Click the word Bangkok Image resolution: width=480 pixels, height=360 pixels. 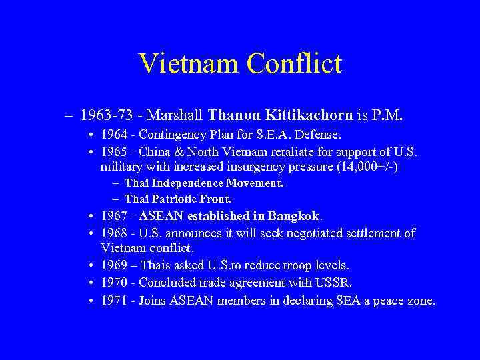294,216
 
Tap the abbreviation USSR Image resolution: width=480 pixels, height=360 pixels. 337,282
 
